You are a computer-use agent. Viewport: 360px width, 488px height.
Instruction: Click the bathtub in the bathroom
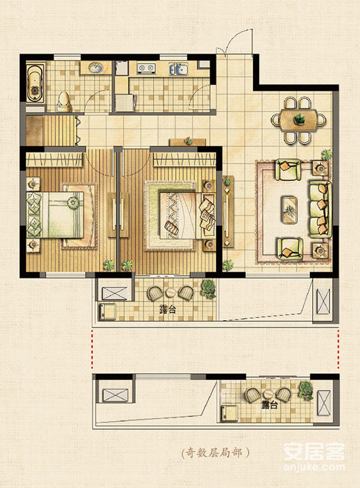click(x=34, y=83)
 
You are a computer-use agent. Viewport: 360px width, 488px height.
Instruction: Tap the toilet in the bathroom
click(x=64, y=102)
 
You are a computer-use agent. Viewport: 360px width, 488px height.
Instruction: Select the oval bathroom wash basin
click(x=96, y=67)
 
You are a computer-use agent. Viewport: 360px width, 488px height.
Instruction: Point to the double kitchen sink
click(x=179, y=69)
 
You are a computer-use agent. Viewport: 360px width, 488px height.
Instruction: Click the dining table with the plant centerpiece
click(x=298, y=120)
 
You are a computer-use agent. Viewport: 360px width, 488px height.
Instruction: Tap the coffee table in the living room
click(x=290, y=209)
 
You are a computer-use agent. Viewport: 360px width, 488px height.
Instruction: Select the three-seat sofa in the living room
click(x=320, y=209)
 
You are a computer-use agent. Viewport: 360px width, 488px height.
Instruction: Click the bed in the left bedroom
click(x=55, y=215)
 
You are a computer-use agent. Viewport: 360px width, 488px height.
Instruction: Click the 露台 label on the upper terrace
click(x=168, y=310)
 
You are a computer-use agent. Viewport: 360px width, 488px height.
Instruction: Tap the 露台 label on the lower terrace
click(x=269, y=405)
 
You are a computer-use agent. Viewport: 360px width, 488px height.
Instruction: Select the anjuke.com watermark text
click(x=314, y=467)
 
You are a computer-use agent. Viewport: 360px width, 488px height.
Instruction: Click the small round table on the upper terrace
click(x=171, y=292)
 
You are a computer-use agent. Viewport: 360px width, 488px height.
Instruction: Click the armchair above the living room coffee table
click(x=288, y=170)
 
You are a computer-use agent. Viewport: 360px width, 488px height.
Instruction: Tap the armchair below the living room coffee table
click(x=290, y=249)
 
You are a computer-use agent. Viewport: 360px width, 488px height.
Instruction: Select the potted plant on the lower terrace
click(x=306, y=390)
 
